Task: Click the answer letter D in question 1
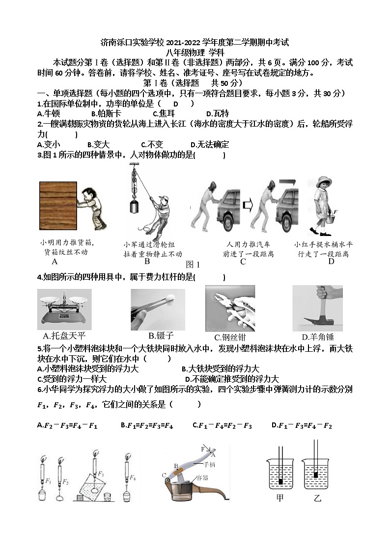pos(175,104)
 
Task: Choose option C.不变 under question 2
pos(152,145)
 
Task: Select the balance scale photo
pos(64,309)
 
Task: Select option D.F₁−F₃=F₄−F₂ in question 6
pos(302,426)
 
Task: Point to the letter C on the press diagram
pos(164,475)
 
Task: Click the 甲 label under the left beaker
pos(280,499)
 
